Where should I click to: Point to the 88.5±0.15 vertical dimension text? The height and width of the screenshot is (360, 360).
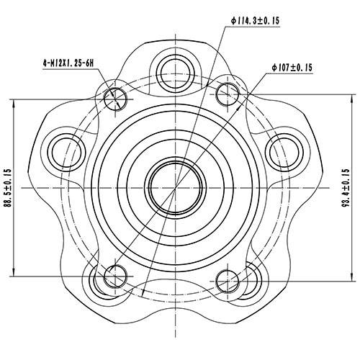click(x=7, y=188)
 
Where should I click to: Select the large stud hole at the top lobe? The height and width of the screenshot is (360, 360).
click(x=176, y=69)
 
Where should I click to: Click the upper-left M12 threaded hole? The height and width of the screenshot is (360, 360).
click(x=117, y=98)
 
